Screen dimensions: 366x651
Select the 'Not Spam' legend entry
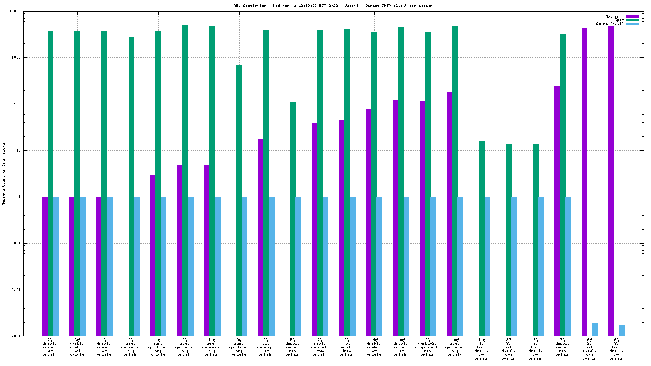click(x=614, y=16)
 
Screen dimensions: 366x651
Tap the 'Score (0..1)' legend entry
click(x=610, y=24)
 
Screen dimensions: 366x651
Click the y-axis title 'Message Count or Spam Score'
click(x=4, y=174)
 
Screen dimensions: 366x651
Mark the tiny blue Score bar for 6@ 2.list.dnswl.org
click(x=595, y=330)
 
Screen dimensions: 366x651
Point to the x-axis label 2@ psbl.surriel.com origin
click(x=320, y=347)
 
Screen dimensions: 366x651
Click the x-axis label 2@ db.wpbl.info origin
click(x=347, y=347)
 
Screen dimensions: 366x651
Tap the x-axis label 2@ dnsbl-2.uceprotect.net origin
click(x=428, y=347)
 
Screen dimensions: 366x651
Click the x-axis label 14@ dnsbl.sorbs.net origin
click(x=374, y=347)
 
